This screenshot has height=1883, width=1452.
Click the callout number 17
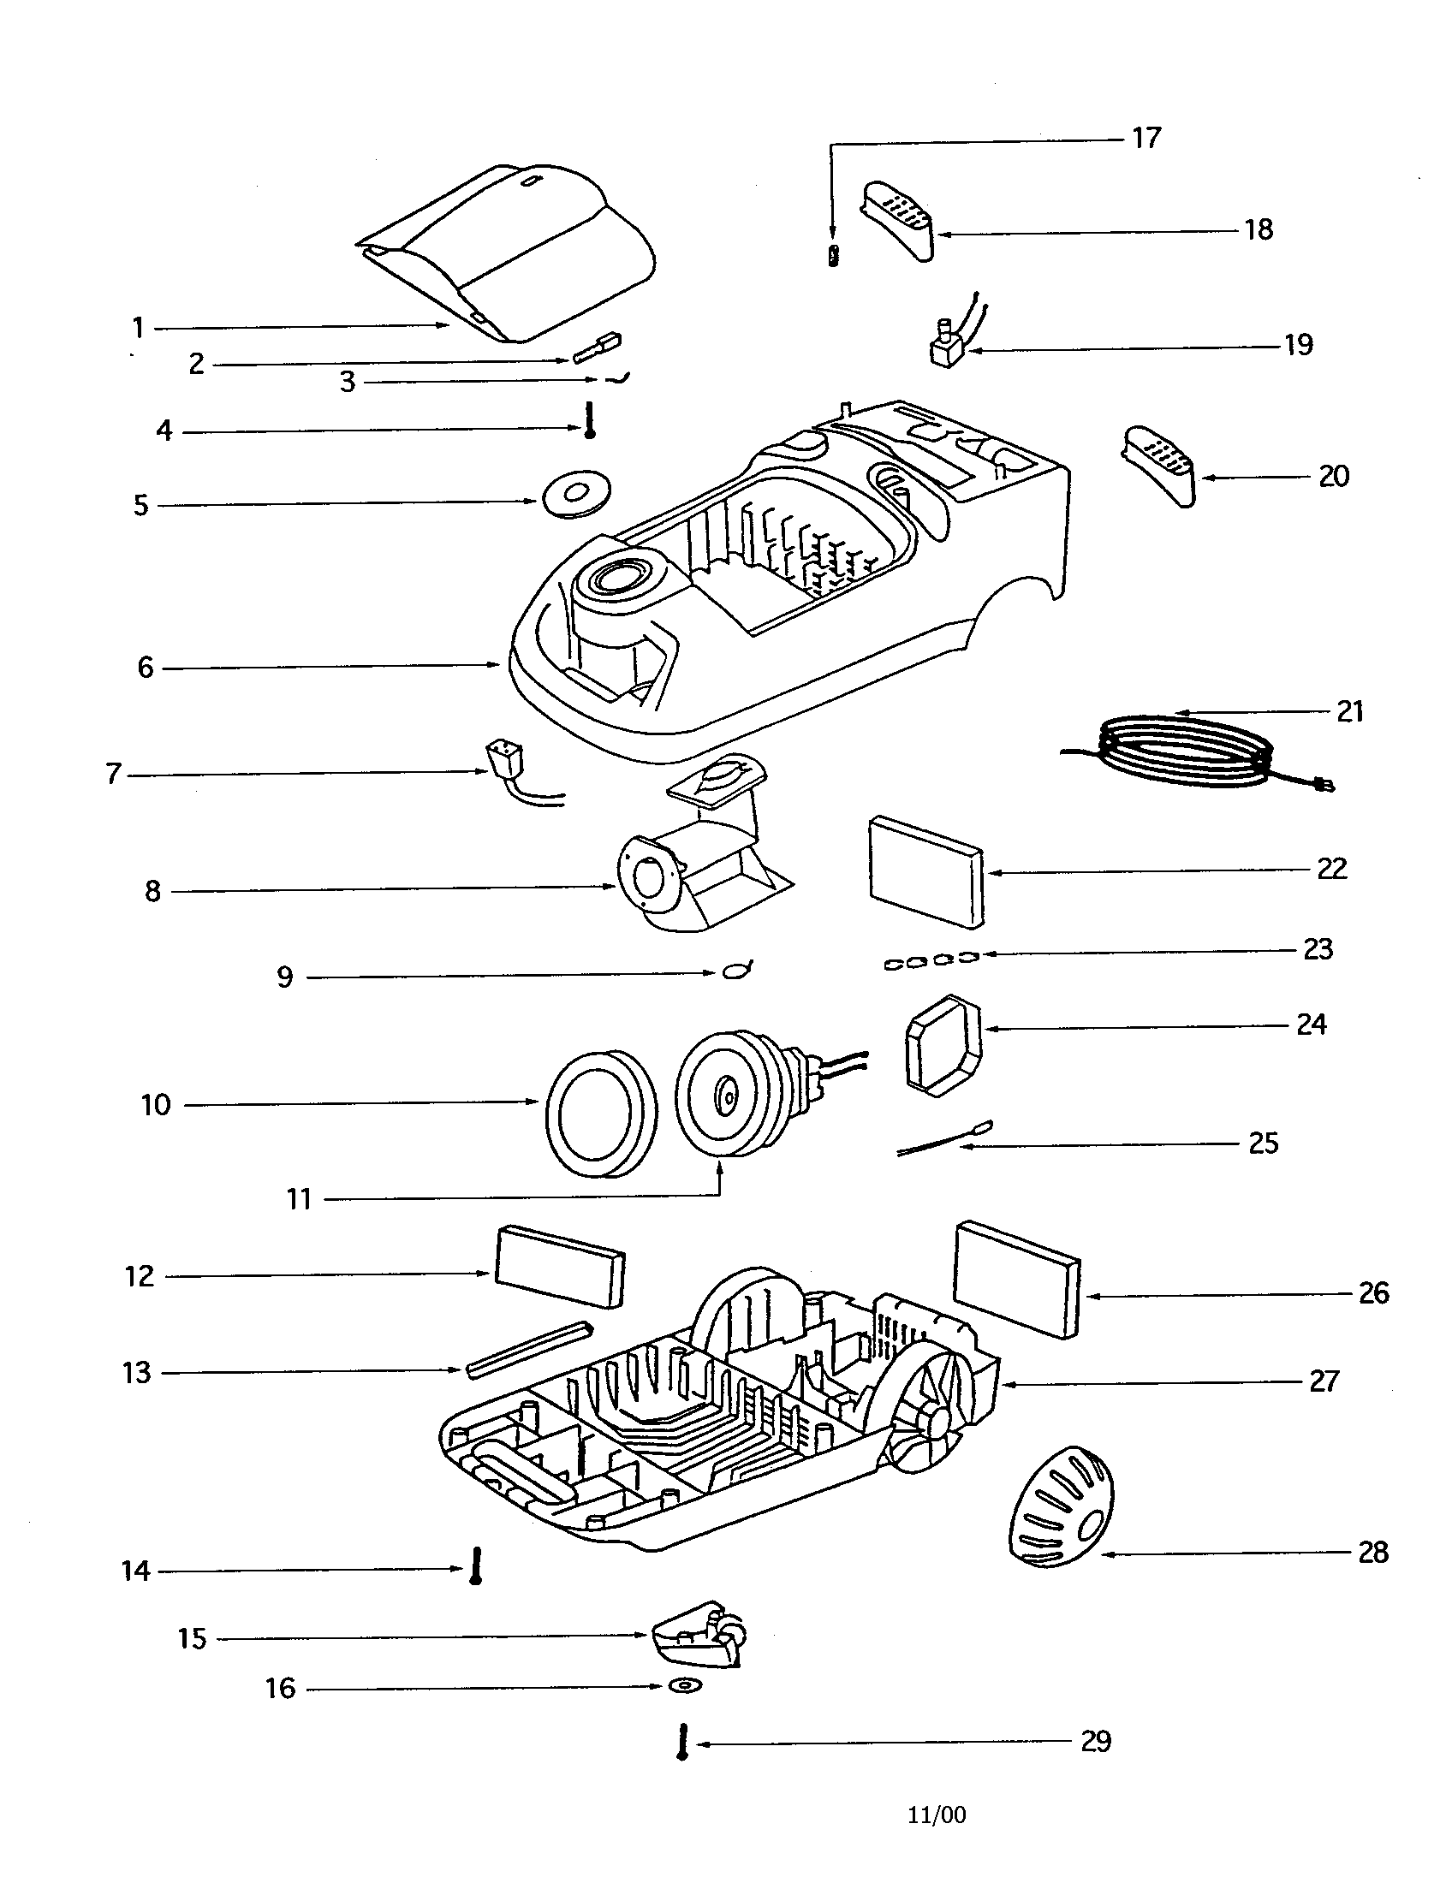pos(1146,138)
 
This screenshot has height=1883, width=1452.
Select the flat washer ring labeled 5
pos(575,494)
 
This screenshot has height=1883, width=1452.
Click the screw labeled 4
pos(590,421)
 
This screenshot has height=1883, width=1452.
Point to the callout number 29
pos(1096,1742)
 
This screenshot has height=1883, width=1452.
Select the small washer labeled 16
pos(686,1685)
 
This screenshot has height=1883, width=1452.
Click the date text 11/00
pos(937,1815)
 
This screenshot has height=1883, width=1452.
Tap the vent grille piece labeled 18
pos(898,218)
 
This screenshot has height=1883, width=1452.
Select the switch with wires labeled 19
pos(948,346)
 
